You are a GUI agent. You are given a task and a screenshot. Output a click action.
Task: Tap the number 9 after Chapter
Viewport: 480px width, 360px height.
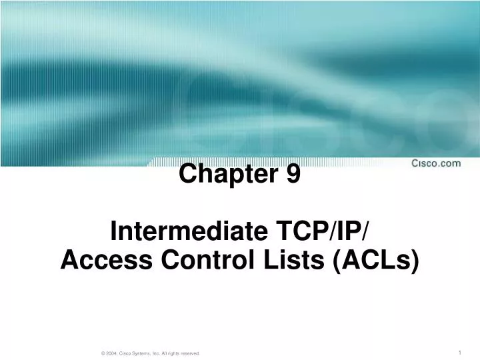coord(294,174)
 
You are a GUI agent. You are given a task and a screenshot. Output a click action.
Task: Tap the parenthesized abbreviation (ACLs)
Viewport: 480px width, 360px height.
coord(375,261)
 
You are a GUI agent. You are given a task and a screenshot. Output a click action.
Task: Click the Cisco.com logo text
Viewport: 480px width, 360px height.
coord(435,163)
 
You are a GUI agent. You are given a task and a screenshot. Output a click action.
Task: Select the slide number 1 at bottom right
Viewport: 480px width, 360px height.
coord(461,352)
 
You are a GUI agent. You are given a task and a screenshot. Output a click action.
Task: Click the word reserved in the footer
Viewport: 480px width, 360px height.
coord(189,353)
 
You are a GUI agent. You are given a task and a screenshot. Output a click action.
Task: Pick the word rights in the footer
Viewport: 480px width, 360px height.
coord(171,353)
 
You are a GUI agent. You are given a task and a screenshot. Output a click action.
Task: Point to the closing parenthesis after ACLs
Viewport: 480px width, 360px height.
coord(416,261)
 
